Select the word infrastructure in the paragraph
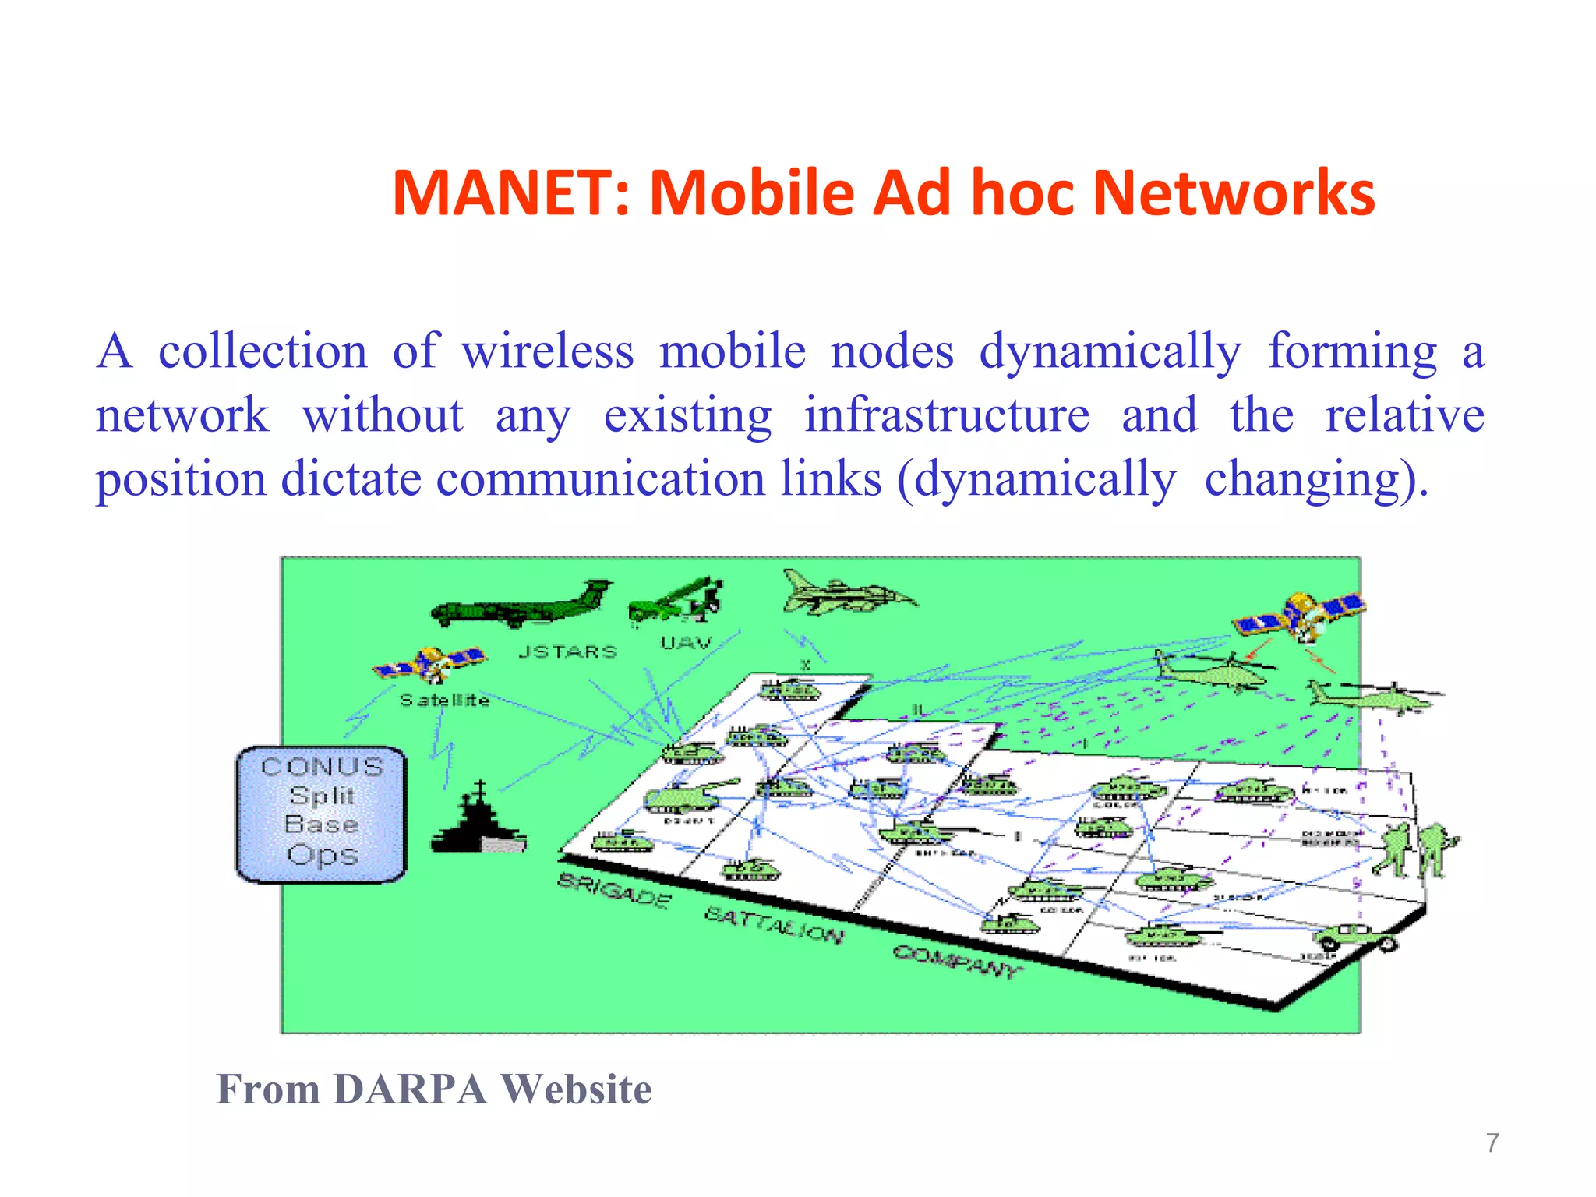click(946, 415)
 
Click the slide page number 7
click(1492, 1142)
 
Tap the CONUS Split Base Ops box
click(321, 813)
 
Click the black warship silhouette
click(478, 821)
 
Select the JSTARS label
click(567, 651)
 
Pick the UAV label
click(686, 643)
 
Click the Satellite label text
click(444, 701)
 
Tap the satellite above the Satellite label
click(429, 663)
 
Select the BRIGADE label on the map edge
click(614, 891)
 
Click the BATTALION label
click(773, 924)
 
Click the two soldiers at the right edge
click(1414, 849)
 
